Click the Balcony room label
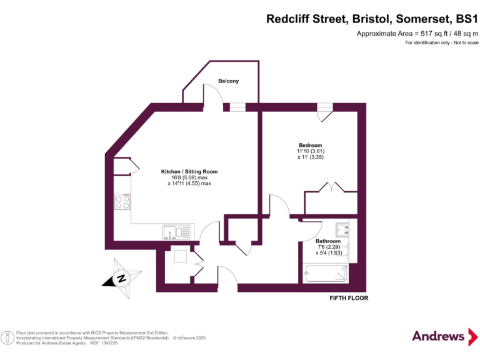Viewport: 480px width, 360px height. [x=228, y=81]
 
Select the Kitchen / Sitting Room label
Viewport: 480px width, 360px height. [x=189, y=171]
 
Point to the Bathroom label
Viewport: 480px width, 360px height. [x=327, y=241]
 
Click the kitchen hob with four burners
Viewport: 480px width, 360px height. [x=122, y=202]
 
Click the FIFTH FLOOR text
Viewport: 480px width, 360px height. [x=349, y=298]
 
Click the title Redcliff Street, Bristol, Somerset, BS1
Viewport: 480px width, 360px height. [x=372, y=19]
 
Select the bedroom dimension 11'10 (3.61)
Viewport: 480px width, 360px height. [x=311, y=151]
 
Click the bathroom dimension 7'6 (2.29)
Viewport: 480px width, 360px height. [x=328, y=247]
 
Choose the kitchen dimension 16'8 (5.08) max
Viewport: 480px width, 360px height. [x=189, y=177]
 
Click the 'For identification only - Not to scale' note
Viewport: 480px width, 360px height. [x=441, y=42]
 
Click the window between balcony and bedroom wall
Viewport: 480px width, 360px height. [x=237, y=107]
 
